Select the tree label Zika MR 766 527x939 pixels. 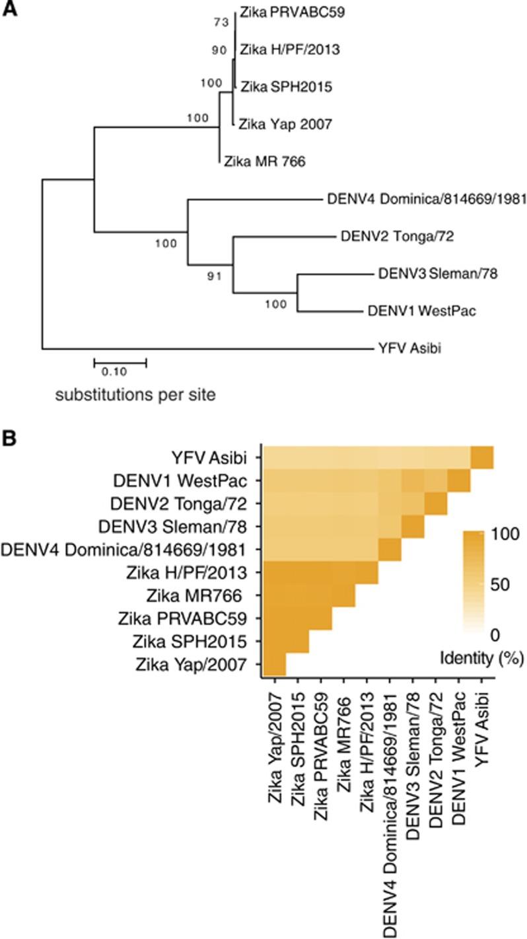click(264, 160)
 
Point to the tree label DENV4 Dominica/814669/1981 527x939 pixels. click(426, 198)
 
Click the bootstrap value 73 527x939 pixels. click(221, 23)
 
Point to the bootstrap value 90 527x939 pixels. click(221, 50)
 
